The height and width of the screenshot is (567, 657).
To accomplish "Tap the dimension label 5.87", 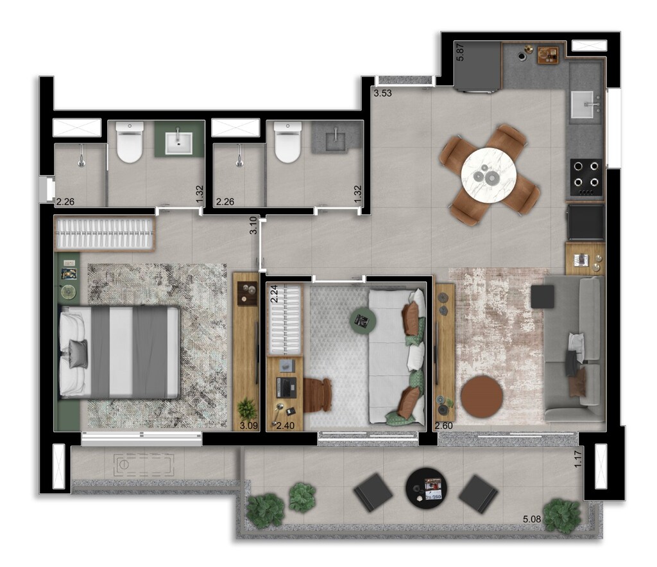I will tap(460, 52).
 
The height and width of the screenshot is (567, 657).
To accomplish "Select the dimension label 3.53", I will tap(383, 93).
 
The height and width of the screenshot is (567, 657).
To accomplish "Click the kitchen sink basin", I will tap(584, 103).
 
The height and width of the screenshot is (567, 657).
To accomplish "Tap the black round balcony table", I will tap(427, 489).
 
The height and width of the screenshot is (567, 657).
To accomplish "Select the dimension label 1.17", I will tap(578, 458).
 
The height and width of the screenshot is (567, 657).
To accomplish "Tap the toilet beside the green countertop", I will tap(129, 143).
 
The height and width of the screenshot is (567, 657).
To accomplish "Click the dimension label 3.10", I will tap(255, 225).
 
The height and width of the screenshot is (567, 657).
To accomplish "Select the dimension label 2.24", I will tap(273, 294).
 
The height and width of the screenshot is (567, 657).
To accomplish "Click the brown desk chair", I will tap(318, 394).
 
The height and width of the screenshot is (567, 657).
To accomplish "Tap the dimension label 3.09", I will tap(248, 425).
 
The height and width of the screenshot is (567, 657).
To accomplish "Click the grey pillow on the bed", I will tap(78, 354).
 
